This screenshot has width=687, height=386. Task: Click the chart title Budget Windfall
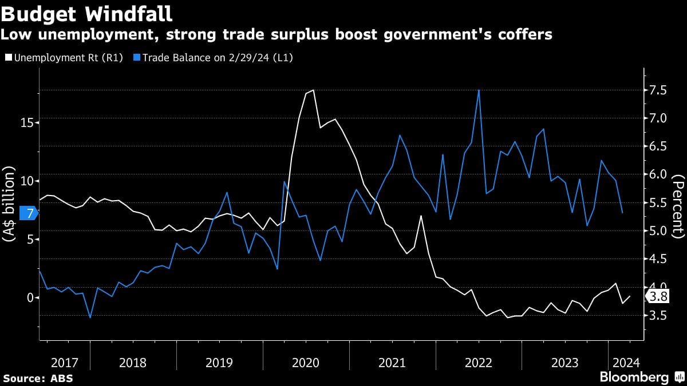87,12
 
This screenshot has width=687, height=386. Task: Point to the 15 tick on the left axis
23,122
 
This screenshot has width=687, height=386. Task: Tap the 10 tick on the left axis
23,181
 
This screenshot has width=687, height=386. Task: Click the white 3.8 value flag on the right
658,296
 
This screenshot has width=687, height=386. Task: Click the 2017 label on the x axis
64,363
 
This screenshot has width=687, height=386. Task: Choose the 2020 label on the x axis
306,363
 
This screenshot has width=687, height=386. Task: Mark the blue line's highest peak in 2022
479,90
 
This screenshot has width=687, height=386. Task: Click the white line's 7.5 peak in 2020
313,90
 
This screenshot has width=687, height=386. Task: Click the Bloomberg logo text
634,377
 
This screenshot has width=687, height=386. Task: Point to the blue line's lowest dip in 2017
90,317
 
